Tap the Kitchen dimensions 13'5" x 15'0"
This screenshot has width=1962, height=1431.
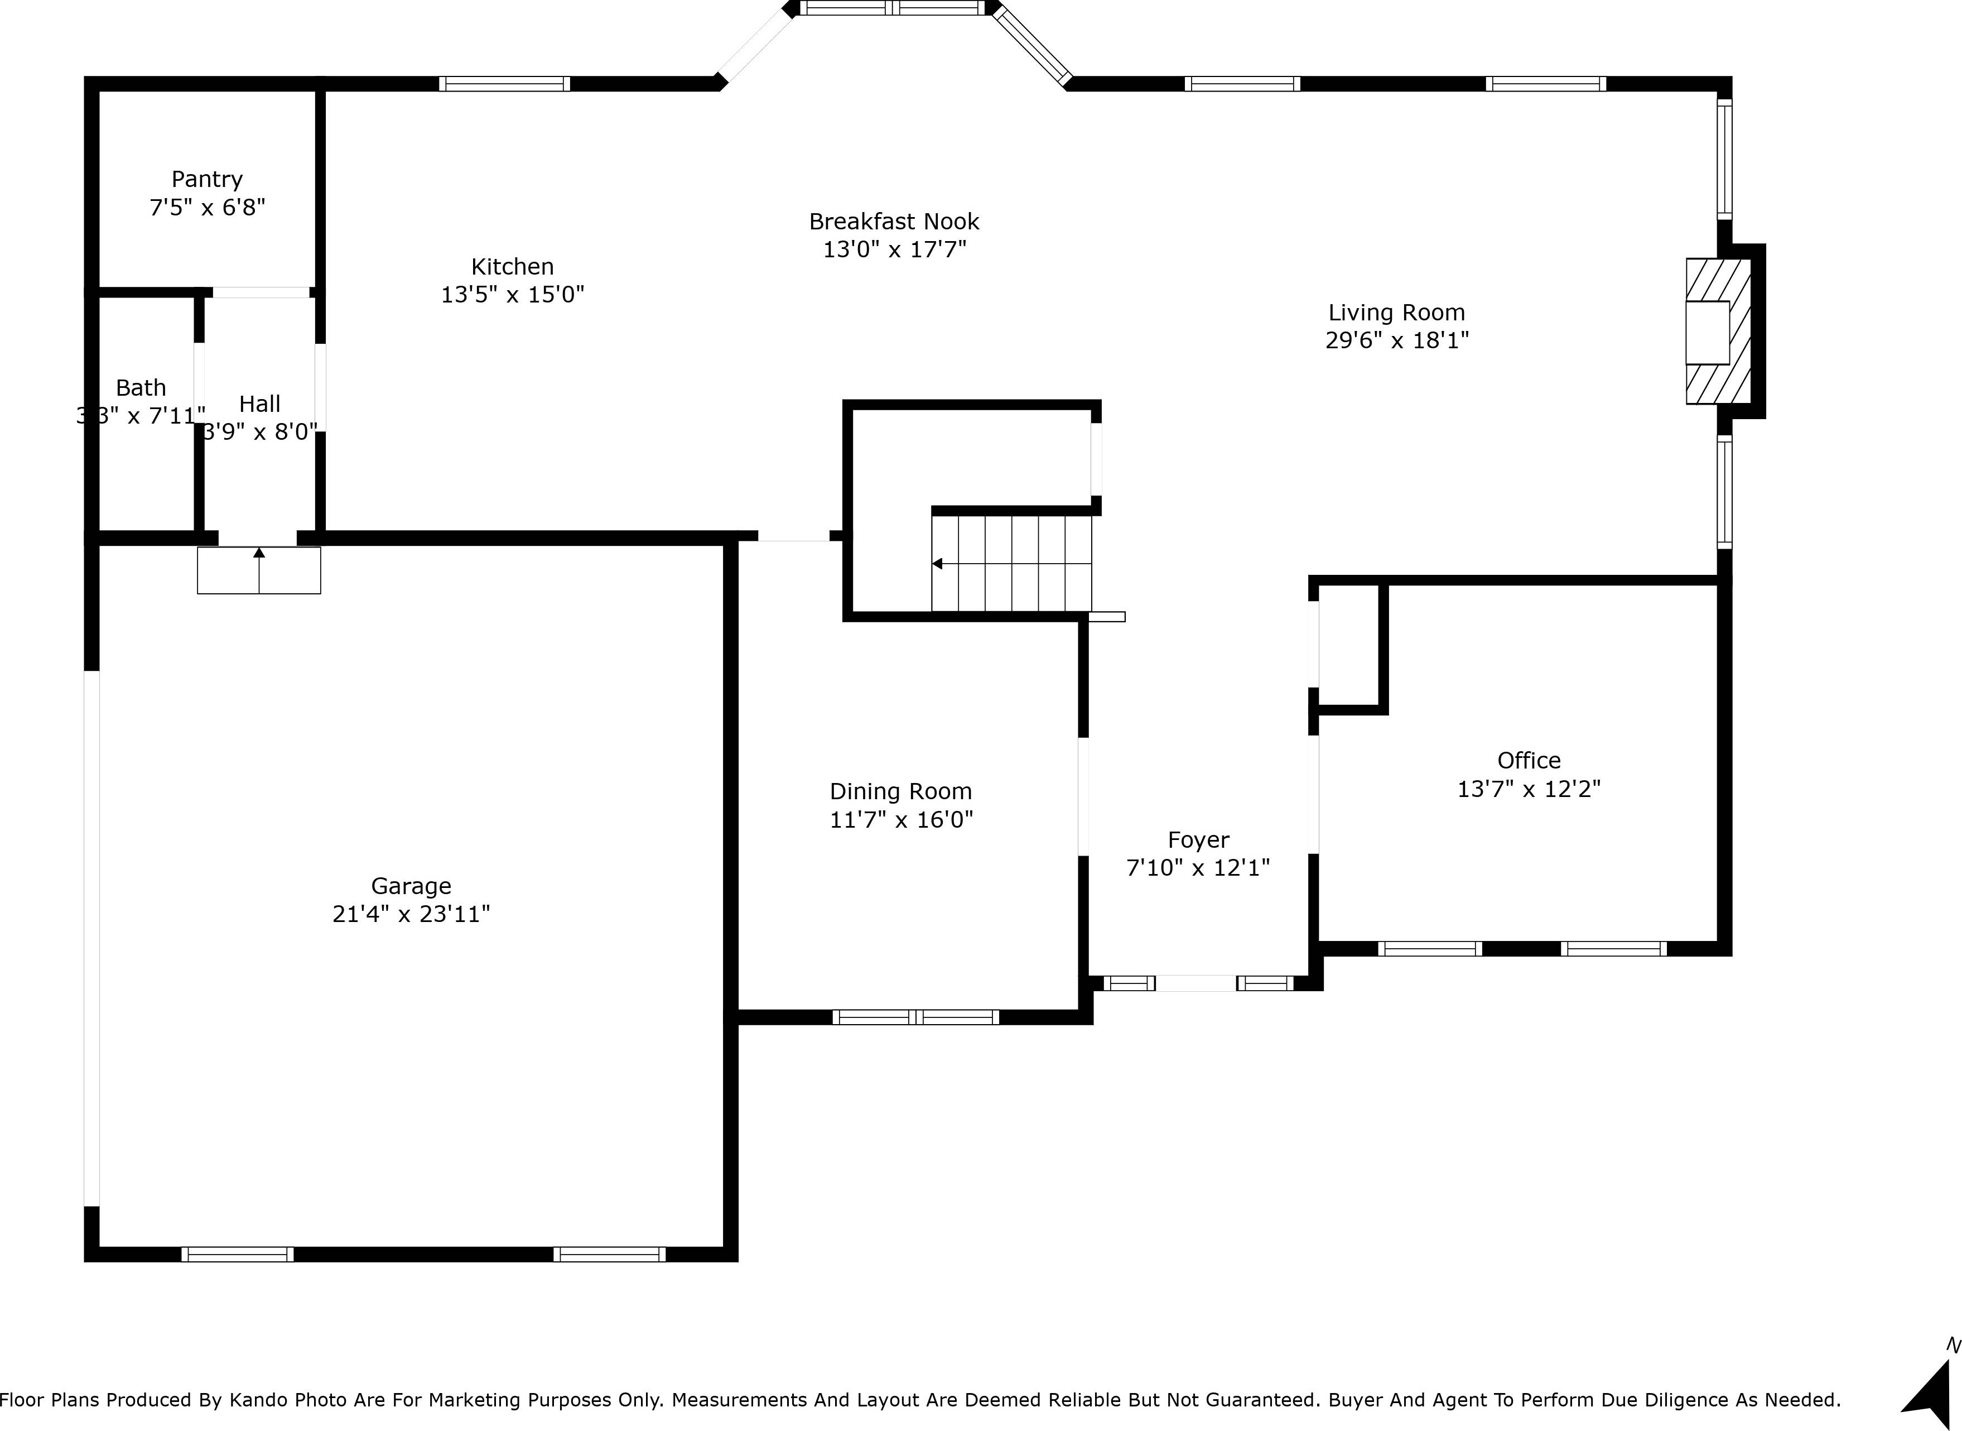click(513, 295)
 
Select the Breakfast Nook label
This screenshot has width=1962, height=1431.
click(894, 222)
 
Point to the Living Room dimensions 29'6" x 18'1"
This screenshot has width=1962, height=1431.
click(1396, 340)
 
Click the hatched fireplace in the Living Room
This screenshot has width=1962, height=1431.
click(1717, 331)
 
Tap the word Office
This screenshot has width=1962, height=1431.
click(1528, 761)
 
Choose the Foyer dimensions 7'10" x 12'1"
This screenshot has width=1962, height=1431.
click(1198, 868)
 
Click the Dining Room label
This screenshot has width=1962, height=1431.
click(900, 792)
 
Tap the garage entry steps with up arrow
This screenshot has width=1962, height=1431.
click(259, 570)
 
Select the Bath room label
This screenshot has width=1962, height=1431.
click(141, 388)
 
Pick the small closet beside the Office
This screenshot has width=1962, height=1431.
click(1348, 645)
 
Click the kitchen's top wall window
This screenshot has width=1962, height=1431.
click(504, 84)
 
